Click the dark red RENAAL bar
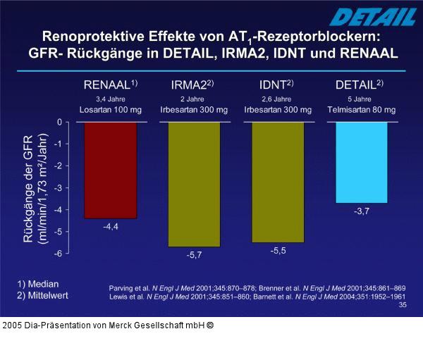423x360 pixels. pos(110,170)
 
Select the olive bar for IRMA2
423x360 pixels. pos(194,184)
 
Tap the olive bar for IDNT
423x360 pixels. pos(278,182)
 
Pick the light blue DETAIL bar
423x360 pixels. pos(361,162)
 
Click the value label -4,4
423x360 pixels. pos(111,227)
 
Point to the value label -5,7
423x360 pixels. pos(194,255)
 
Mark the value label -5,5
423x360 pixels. pos(278,250)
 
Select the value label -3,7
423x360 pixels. pos(362,211)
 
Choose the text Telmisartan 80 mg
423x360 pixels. pos(361,110)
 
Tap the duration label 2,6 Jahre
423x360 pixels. pos(276,99)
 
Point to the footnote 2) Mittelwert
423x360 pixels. pos(43,295)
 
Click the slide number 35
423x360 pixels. pos(402,305)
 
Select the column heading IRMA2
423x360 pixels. pos(192,85)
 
